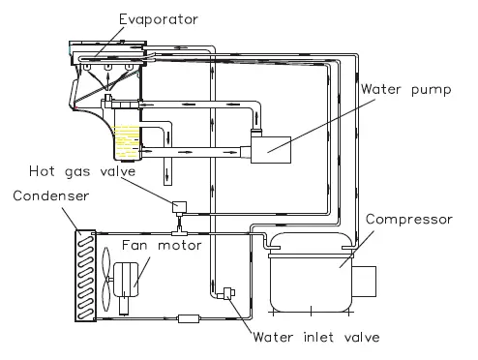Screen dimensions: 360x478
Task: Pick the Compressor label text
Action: [x=408, y=220]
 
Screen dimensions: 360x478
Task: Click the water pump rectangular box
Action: [x=281, y=150]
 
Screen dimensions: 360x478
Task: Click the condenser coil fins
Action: [x=83, y=275]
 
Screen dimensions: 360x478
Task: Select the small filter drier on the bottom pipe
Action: [x=187, y=316]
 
